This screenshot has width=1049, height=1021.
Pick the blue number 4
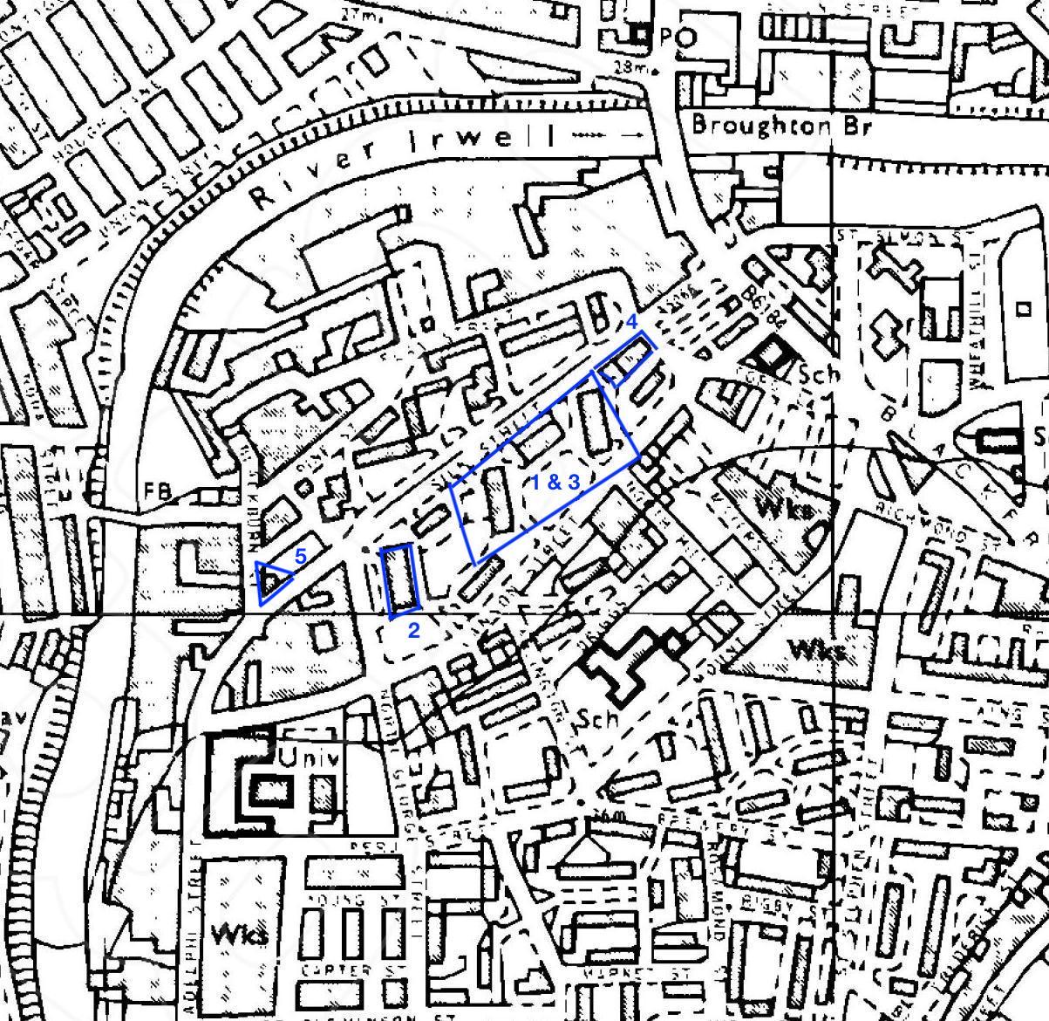coord(634,321)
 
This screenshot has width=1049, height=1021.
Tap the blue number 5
coord(300,556)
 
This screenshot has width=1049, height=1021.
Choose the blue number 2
coord(414,629)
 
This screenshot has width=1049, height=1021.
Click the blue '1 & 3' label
coord(555,482)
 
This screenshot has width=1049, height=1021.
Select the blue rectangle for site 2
coord(401,580)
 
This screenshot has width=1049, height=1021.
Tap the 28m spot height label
coord(625,67)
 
